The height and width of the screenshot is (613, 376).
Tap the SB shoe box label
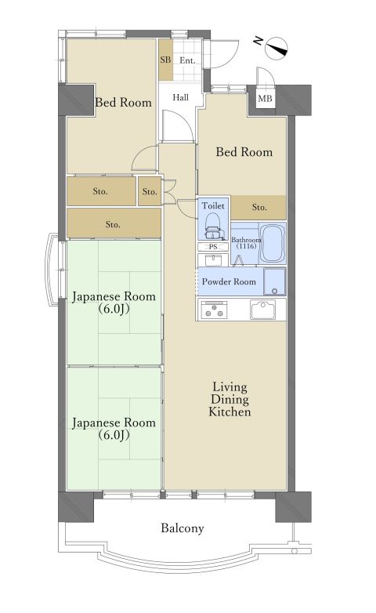pos(165,60)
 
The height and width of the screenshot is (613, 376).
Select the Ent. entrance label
pos(187,60)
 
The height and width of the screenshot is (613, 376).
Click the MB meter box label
pos(266,99)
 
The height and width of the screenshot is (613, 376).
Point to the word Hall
pos(181,97)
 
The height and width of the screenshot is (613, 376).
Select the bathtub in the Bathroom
pos(272,245)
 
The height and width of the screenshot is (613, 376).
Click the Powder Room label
pos(229,281)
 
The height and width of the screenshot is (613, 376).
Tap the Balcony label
pos(183,528)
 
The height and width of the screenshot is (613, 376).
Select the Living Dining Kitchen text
pos(230,399)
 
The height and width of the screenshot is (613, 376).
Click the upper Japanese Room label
pos(114,303)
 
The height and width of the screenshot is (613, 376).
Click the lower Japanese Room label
pos(114,428)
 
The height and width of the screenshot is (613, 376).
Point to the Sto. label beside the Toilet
pos(260,208)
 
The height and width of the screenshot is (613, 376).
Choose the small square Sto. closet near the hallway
pos(150,191)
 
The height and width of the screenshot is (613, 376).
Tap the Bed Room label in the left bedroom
pos(123,102)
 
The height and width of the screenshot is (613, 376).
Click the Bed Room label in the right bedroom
pos(244,151)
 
